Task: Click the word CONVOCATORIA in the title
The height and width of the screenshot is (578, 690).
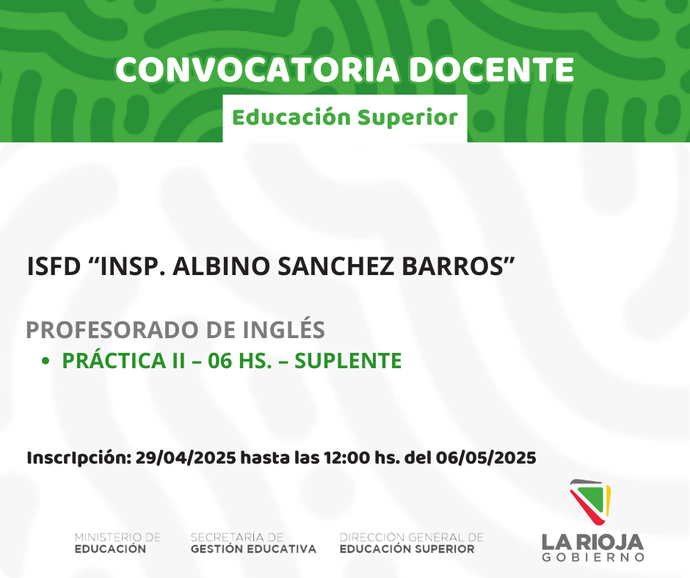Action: coord(258,70)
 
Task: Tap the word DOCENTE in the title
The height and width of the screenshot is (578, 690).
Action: coord(492,70)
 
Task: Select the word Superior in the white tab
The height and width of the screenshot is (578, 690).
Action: coord(407,117)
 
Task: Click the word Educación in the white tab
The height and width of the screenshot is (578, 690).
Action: coord(291,117)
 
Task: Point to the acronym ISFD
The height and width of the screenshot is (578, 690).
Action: coord(54,266)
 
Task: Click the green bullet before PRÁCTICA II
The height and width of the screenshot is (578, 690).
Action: coord(45,361)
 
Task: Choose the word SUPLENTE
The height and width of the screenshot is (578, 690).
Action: coord(348,361)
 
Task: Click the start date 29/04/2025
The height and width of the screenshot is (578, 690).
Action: coord(186,458)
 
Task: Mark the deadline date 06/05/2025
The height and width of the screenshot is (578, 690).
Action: coord(486,458)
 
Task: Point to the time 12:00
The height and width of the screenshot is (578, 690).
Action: coord(346,458)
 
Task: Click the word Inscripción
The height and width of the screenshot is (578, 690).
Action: coord(79,458)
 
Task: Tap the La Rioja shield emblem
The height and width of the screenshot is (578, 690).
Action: coord(591,502)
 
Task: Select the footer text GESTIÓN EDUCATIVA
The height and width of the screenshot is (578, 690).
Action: coord(253,549)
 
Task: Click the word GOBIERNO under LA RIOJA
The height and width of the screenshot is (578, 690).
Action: coord(593,557)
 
